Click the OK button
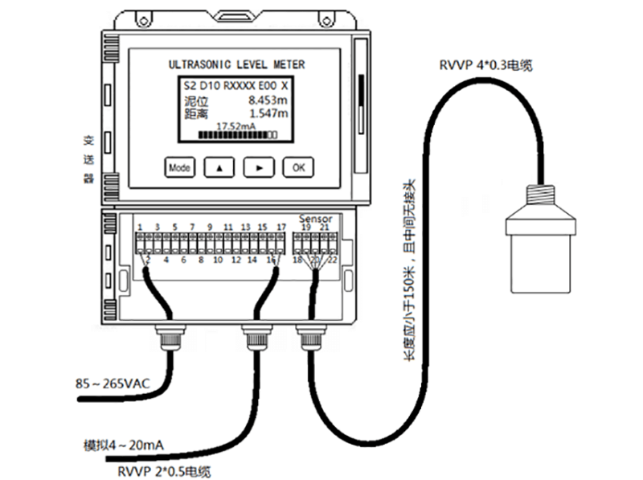point(298,167)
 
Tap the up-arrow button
point(219,167)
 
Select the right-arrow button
point(259,167)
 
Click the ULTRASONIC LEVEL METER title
point(236,64)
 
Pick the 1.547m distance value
point(268,113)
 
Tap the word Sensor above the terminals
point(314,218)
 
